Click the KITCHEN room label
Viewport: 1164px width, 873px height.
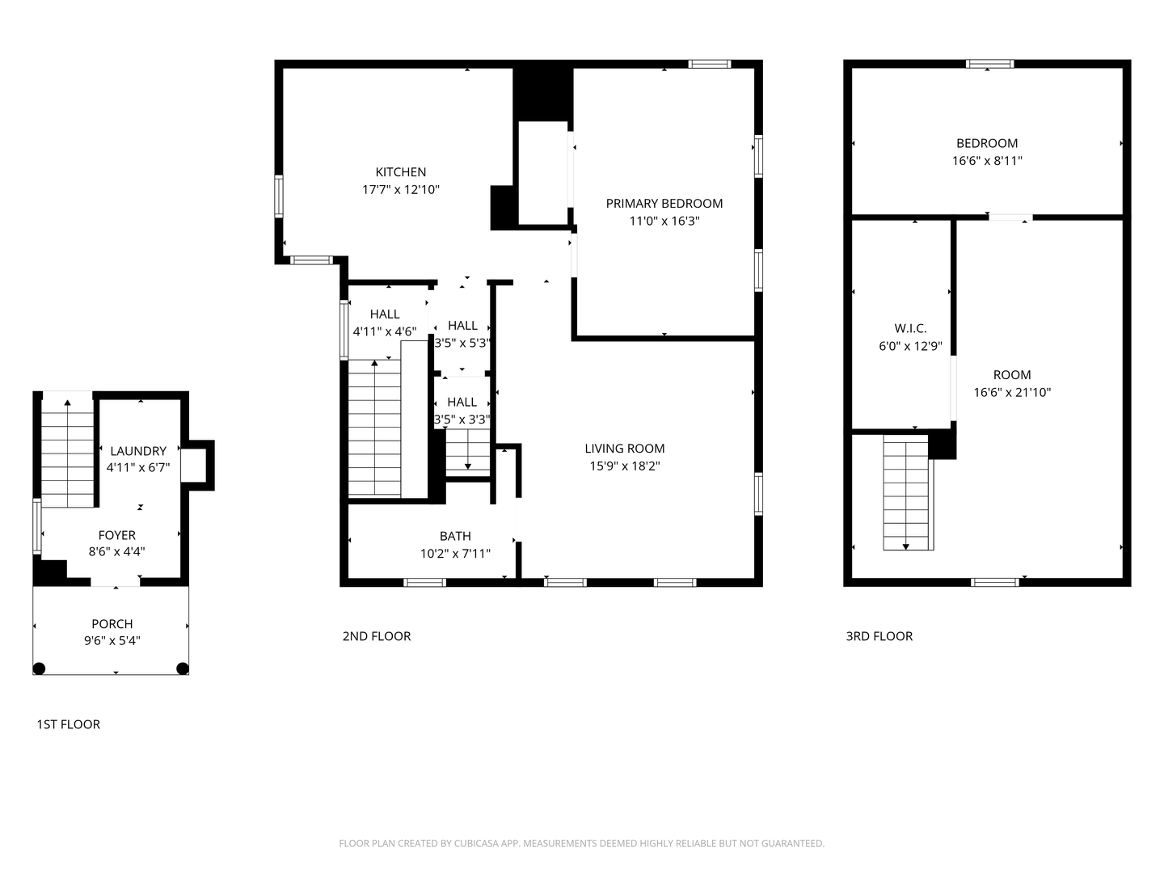pos(400,172)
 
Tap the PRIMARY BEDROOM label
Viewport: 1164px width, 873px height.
pos(664,204)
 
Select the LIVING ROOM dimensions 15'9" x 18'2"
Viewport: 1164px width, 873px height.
pos(625,466)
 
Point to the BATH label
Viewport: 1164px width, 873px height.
pos(455,536)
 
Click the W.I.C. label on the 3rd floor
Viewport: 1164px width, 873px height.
pos(910,329)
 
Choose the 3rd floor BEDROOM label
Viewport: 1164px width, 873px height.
pos(987,143)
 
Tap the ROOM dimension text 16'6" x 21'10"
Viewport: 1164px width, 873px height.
pos(1012,392)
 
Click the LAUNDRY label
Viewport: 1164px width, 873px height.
pos(138,451)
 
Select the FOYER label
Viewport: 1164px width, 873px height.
pos(116,535)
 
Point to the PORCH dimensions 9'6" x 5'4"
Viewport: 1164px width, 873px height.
pos(112,641)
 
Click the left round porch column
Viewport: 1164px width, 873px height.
pos(40,668)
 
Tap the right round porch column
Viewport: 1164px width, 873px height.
pos(183,668)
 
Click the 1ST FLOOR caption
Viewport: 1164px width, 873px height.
pos(69,724)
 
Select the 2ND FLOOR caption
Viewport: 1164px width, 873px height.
pos(377,636)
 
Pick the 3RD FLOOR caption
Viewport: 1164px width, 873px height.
pos(879,636)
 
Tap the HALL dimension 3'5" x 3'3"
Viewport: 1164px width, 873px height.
pos(462,420)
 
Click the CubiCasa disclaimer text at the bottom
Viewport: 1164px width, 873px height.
pos(582,843)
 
